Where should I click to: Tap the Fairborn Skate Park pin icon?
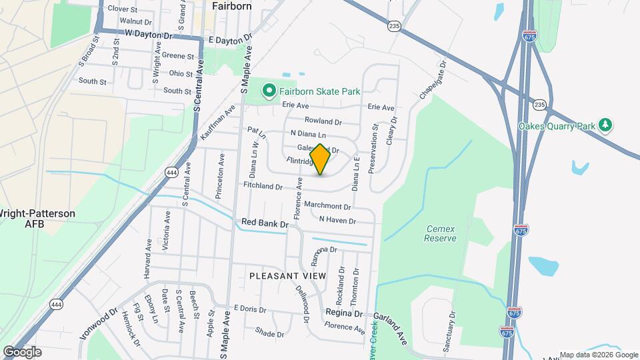tap(269, 90)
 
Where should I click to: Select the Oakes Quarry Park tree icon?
tap(605, 125)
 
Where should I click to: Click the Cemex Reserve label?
tap(441, 233)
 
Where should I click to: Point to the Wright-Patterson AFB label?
tap(37, 219)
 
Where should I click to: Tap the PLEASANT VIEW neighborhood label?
tap(287, 275)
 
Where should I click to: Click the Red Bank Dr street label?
tap(264, 224)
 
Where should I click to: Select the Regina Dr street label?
tap(344, 313)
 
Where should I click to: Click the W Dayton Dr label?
tap(148, 34)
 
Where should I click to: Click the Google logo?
tap(22, 351)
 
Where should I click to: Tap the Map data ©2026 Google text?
tap(598, 355)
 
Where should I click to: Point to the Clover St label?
tap(122, 9)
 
